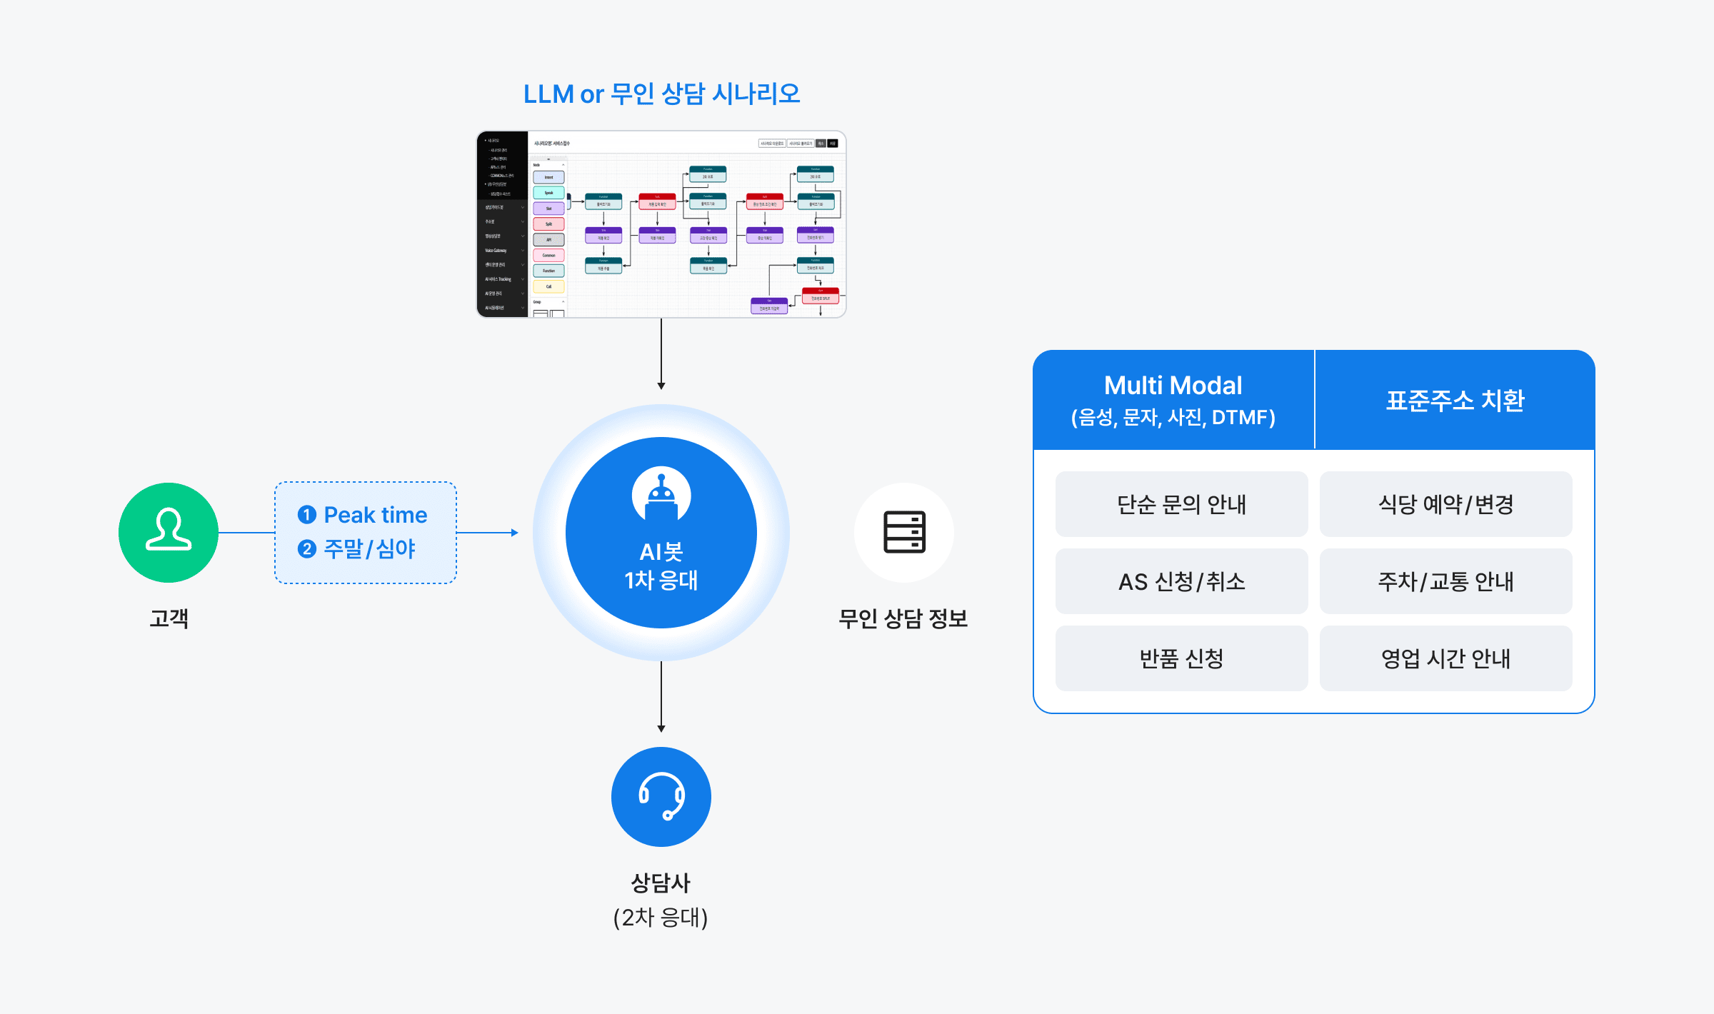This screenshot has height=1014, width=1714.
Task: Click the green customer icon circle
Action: pos(169,532)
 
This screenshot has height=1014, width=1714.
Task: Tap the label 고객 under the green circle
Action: pos(169,618)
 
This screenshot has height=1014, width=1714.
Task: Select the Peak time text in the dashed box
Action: pos(375,515)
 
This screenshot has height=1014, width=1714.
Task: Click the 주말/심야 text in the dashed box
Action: pos(369,548)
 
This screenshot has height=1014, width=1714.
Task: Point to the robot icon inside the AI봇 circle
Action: pos(661,495)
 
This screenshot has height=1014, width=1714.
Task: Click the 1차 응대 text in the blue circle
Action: pos(661,580)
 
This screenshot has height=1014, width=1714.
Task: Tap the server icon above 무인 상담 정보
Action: pos(904,532)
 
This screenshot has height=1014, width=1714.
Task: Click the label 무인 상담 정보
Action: pos(903,618)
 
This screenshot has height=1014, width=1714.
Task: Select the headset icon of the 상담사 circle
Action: pos(661,796)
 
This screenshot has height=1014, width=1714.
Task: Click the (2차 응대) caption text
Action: pos(661,917)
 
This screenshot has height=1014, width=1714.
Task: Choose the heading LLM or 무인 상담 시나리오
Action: pos(661,94)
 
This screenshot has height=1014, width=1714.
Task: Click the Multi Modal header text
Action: pos(1173,386)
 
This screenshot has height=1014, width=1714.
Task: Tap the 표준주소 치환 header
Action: pos(1455,400)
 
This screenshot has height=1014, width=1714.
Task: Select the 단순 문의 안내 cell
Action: pos(1181,504)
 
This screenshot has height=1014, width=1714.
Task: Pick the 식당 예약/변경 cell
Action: pos(1445,504)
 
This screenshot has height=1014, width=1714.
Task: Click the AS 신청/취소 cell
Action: pos(1181,581)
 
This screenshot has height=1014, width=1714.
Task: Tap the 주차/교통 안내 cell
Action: pos(1445,581)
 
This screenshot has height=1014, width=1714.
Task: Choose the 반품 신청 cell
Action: pos(1181,658)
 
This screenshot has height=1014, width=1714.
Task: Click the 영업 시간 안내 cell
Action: pos(1445,658)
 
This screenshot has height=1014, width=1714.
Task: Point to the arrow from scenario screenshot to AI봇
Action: pos(661,354)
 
